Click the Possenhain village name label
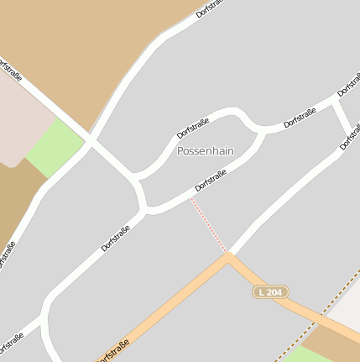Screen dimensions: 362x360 coord(206,151)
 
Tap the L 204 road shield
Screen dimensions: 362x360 coord(270,291)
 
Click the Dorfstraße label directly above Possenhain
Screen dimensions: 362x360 coord(193,129)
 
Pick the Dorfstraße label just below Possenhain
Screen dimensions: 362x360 coord(211,176)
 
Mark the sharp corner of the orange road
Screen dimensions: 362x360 coord(227,256)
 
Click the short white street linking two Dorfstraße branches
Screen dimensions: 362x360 coord(343,118)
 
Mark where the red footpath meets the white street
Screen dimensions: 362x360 coord(191,197)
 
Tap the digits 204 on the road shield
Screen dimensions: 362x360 coord(274,291)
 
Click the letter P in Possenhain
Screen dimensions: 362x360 coord(180,151)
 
